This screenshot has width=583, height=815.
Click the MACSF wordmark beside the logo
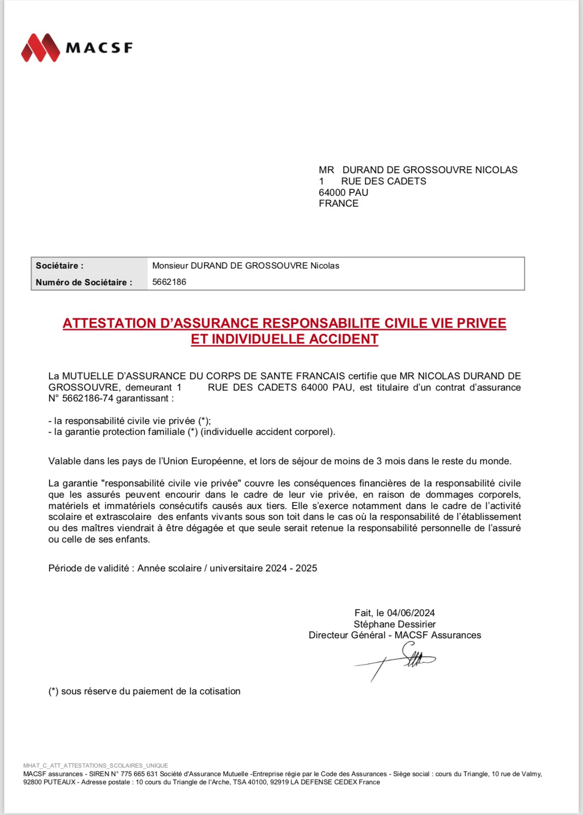coord(99,48)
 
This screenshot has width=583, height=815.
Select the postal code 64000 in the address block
coord(332,193)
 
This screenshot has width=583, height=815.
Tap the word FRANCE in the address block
coord(339,203)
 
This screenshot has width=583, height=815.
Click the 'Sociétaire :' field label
coord(60,266)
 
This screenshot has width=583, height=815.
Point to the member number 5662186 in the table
coord(169,282)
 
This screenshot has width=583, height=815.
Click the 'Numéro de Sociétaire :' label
coord(84,283)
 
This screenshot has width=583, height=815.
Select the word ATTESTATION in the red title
coord(109,323)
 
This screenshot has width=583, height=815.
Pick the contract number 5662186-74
coord(88,398)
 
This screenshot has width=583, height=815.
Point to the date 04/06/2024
coord(411,613)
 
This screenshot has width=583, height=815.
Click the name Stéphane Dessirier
coord(395,624)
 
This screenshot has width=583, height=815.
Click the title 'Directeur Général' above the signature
coord(347,635)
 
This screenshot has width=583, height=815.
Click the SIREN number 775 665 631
coord(139,774)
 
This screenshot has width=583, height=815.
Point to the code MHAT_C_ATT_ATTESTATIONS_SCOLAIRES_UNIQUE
coord(95,766)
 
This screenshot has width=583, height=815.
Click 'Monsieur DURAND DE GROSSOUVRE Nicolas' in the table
coord(245,266)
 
